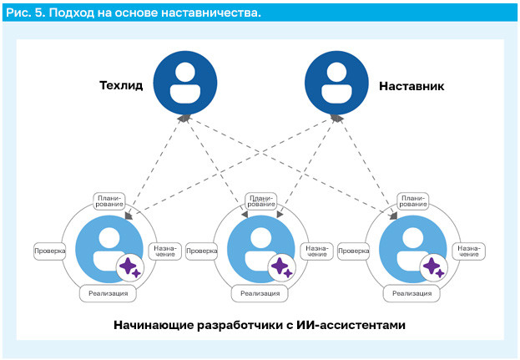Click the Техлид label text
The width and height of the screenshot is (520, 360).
coord(121,85)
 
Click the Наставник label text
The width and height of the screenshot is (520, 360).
coord(411,86)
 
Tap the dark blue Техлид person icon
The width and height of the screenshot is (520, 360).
coord(185,83)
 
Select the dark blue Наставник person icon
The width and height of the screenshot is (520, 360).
coord(336,83)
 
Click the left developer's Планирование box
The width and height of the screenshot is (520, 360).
coord(109,201)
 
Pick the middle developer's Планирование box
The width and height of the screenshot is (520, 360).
coord(261,201)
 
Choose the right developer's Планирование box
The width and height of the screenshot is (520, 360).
coord(413,201)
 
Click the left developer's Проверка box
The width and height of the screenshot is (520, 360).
coord(50,251)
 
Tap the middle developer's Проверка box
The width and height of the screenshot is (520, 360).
coord(202,251)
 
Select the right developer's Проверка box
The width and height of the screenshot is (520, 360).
coord(354,251)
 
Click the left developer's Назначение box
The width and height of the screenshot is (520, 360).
coord(164,251)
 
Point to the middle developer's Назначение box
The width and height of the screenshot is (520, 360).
coord(316,251)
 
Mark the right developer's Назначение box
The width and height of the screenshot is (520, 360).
coord(468,251)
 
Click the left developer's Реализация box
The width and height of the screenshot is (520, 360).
coord(109,293)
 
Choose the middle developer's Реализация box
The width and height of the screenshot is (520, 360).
coord(260,293)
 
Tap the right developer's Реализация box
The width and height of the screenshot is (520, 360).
coord(411,293)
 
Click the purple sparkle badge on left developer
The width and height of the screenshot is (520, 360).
coord(130,267)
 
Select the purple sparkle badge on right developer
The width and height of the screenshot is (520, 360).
coord(434,267)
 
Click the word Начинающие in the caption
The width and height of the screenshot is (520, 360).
coord(154,325)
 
